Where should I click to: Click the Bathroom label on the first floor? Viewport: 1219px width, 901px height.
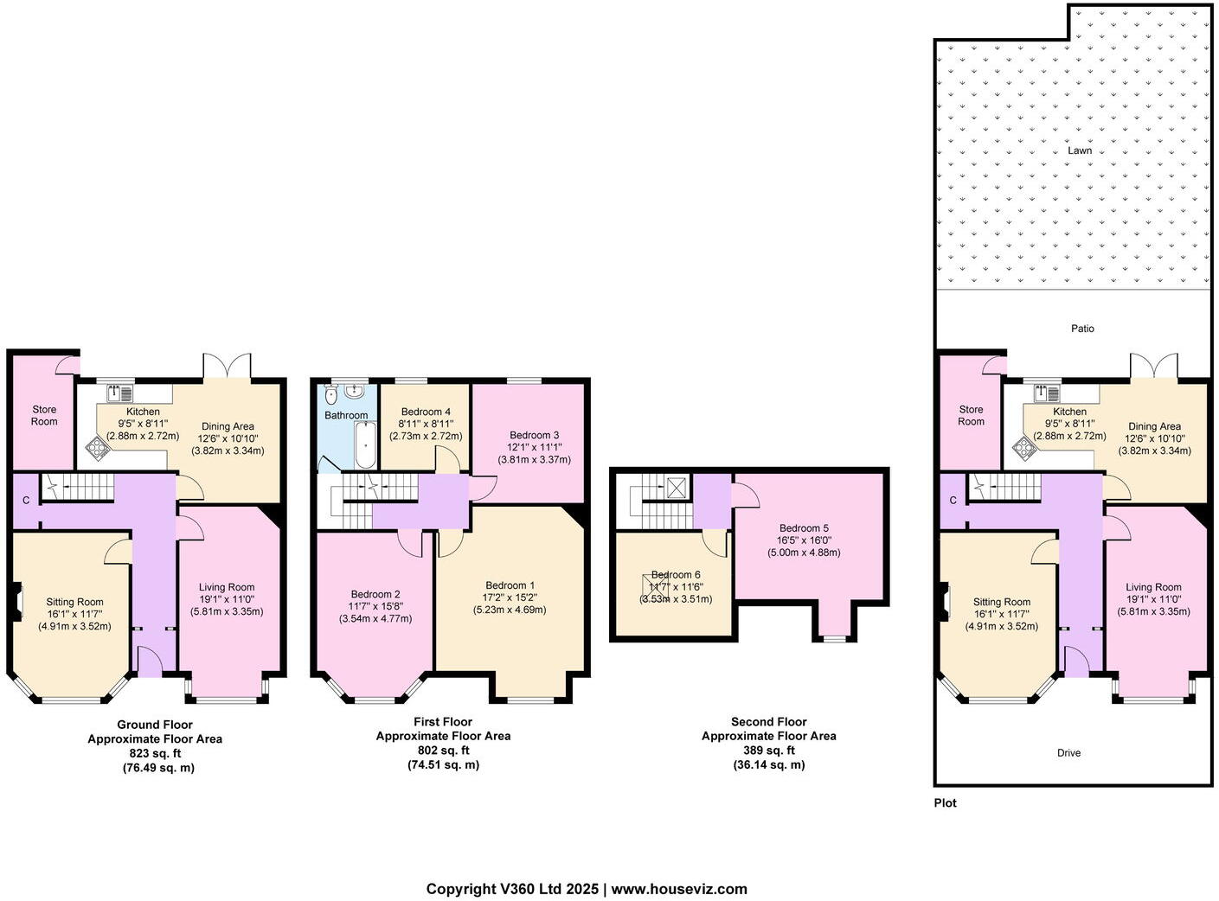click(x=346, y=416)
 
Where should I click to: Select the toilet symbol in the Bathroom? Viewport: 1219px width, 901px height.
click(x=331, y=395)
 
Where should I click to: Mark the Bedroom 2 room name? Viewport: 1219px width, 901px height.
click(x=375, y=594)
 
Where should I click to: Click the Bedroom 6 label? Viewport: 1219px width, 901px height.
click(x=676, y=575)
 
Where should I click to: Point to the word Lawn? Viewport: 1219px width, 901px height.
click(x=1079, y=150)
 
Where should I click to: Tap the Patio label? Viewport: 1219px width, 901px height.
click(x=1082, y=329)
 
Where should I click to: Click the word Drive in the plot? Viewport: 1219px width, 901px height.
click(x=1068, y=753)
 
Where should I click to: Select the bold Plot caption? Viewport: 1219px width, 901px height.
click(x=945, y=803)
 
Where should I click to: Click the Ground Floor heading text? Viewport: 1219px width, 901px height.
click(x=155, y=725)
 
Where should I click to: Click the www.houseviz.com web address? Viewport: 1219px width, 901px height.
click(x=679, y=889)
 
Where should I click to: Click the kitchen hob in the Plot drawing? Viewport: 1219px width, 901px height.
click(x=1024, y=447)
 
